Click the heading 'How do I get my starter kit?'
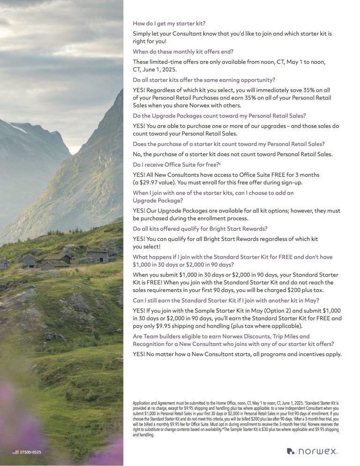pos(169,23)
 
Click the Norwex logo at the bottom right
pos(312,451)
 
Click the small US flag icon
pos(15,452)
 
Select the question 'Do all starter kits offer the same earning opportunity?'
pos(204,80)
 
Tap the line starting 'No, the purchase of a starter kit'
pos(232,154)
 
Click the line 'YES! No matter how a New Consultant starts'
pos(237,354)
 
